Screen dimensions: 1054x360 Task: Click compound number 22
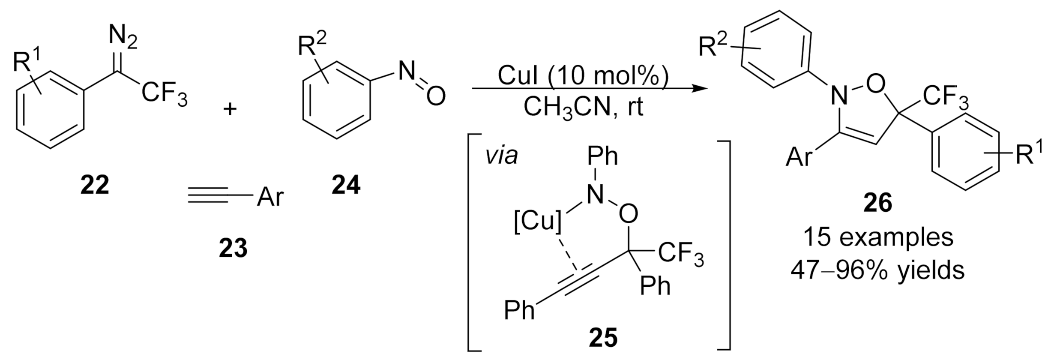point(95,185)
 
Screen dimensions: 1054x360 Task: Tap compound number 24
point(346,185)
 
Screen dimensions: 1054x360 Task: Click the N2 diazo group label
point(123,38)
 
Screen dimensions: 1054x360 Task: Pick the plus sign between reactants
point(230,109)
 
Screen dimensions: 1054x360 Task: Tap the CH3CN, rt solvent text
point(584,107)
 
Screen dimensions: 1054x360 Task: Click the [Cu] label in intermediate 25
point(538,222)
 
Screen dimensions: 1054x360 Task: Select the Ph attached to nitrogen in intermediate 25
point(603,156)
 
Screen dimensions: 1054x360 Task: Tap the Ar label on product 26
point(799,158)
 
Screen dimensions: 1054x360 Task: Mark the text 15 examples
point(878,237)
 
